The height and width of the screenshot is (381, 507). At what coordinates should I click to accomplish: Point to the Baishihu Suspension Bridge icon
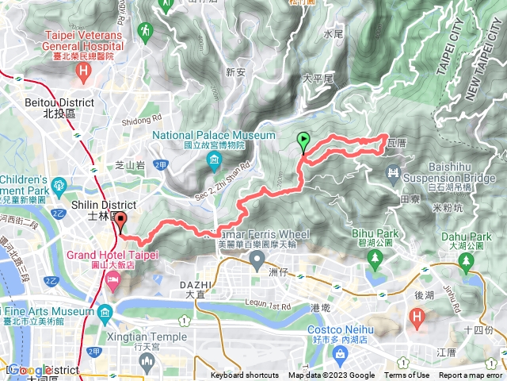[393, 171]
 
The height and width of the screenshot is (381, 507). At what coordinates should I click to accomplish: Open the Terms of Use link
[406, 375]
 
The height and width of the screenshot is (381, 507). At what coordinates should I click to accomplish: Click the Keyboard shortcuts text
[245, 375]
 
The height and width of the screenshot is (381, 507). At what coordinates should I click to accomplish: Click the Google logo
[29, 370]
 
